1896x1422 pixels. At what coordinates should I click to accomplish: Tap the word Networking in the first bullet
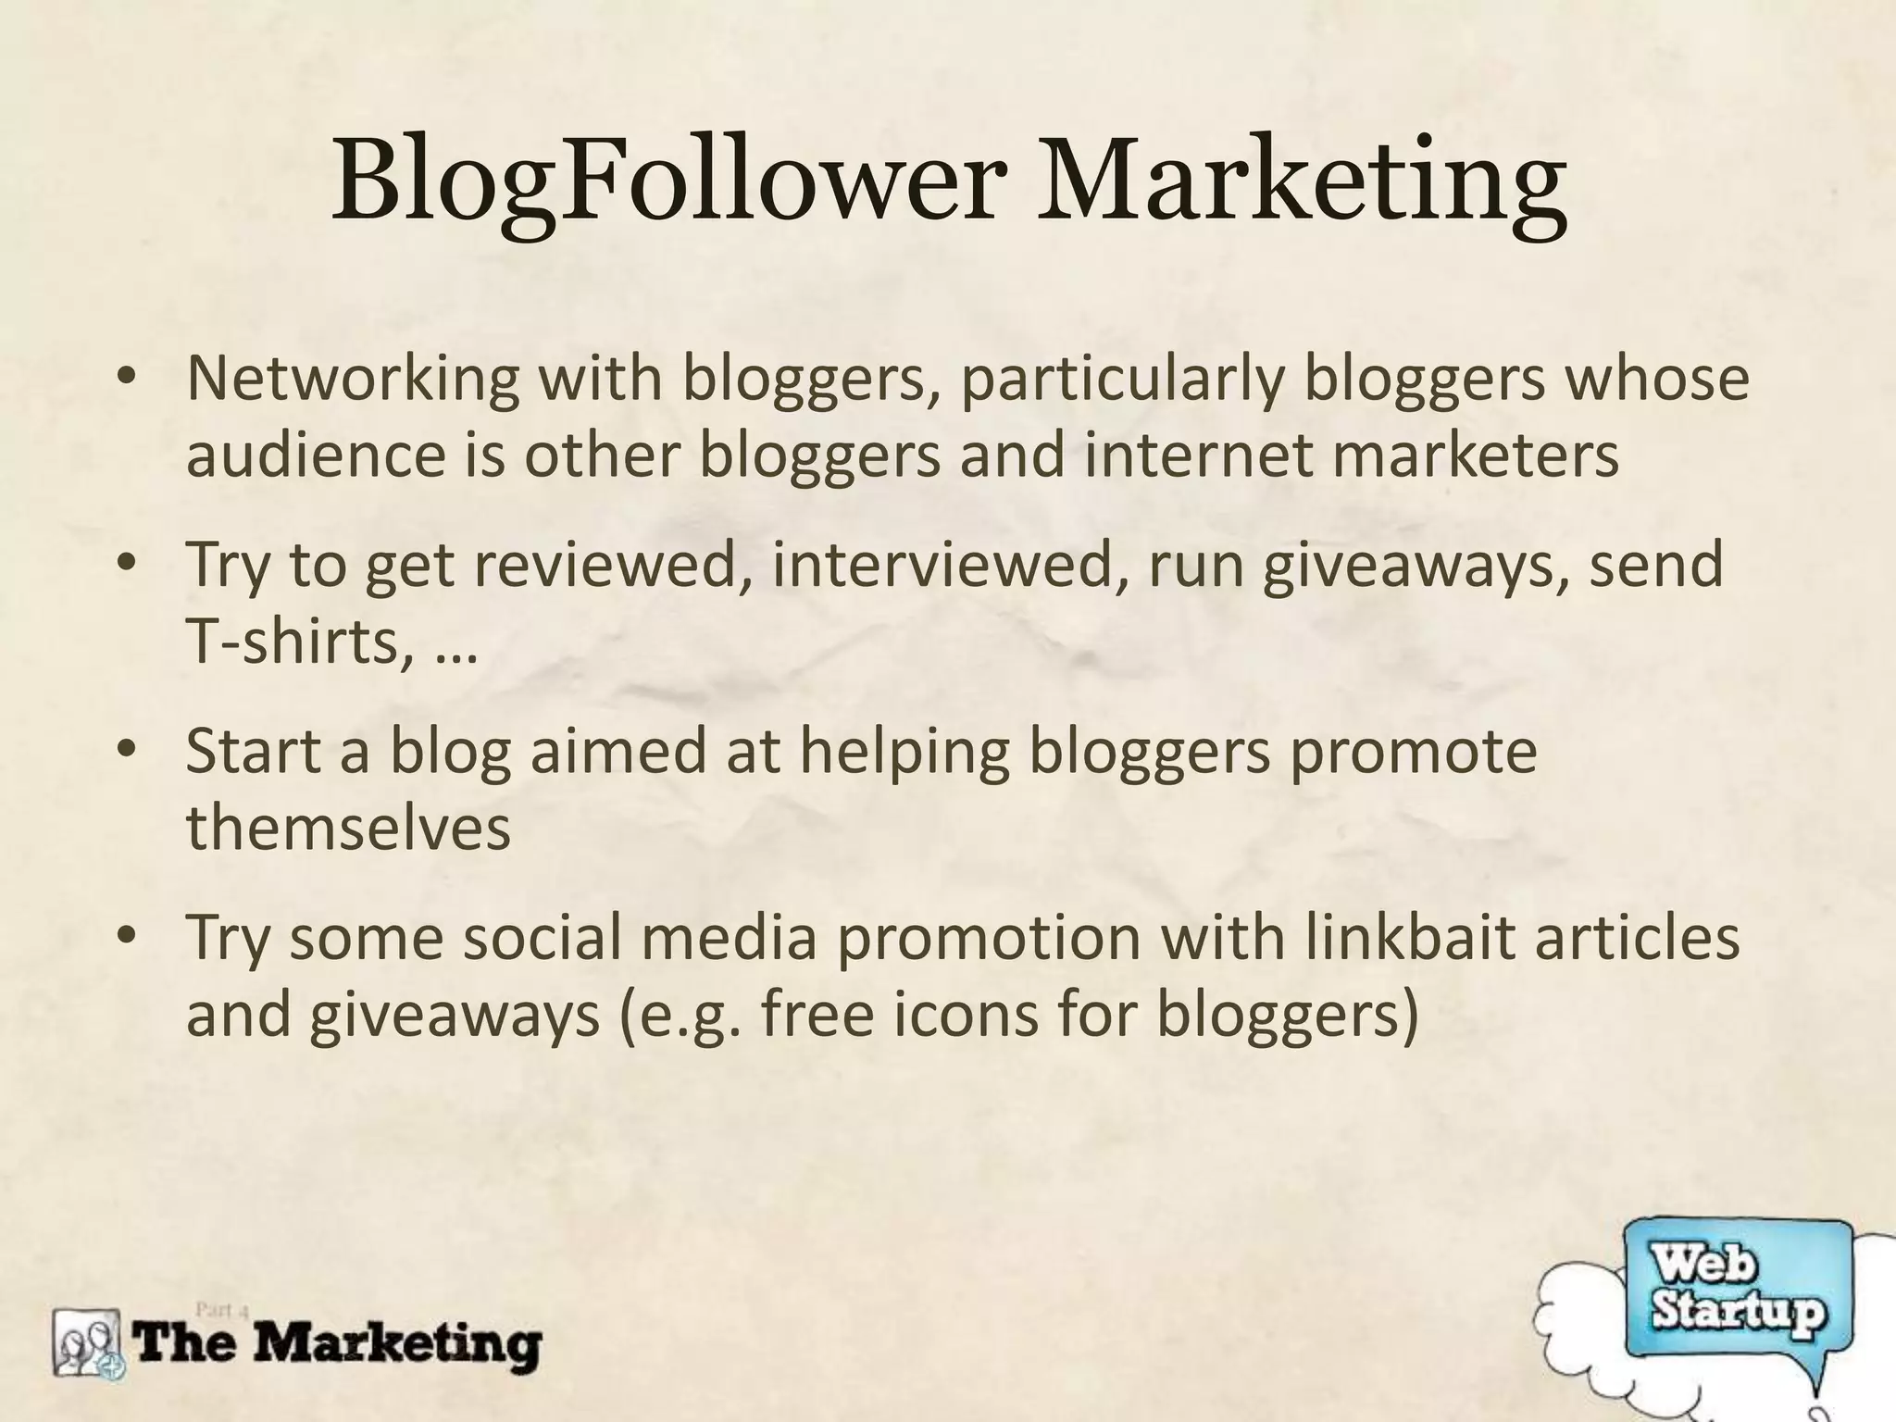point(353,379)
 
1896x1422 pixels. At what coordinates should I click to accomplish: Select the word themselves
point(348,827)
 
